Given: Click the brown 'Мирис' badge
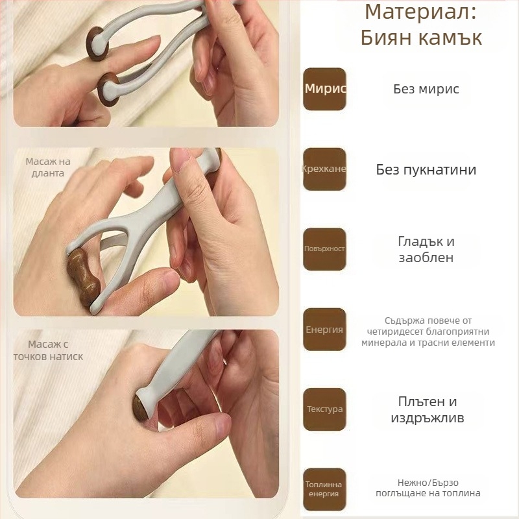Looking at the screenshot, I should (x=324, y=89).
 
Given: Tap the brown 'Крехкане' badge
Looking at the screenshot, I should (x=324, y=169).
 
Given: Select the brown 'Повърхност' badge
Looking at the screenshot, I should (x=324, y=249).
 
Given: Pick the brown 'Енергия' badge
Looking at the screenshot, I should (x=324, y=330).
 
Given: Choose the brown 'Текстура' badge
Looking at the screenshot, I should (x=324, y=409).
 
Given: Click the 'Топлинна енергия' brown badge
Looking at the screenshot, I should (x=324, y=489).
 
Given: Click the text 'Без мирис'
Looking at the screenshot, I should (x=426, y=89).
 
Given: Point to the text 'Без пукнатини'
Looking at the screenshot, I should (x=426, y=169).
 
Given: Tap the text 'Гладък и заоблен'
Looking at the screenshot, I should (x=426, y=249).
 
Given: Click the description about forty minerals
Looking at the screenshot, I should (x=428, y=331).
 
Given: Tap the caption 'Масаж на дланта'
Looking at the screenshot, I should (x=48, y=167).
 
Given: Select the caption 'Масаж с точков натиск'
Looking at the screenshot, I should (x=48, y=350).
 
